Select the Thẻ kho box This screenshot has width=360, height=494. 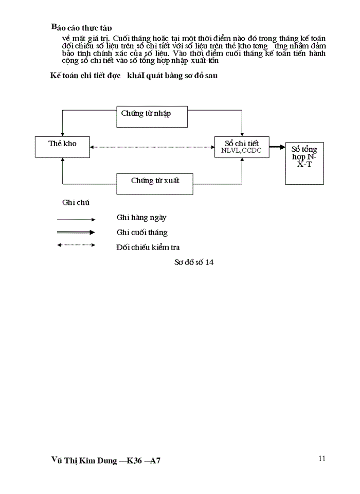(62, 147)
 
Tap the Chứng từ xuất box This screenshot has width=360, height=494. (155, 184)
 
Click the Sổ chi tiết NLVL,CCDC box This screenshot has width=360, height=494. (242, 147)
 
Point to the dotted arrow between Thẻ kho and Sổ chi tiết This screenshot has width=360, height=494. (152, 147)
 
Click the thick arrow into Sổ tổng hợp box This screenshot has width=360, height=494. (277, 147)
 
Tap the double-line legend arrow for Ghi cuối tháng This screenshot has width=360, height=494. (76, 232)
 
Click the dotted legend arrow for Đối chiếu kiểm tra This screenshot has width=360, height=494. (76, 245)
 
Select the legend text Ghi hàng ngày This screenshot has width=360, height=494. (141, 218)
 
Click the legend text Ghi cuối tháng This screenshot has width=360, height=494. (142, 233)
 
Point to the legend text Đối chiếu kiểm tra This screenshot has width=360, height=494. (148, 248)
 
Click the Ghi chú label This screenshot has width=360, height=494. (76, 202)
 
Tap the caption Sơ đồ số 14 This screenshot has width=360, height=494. (194, 262)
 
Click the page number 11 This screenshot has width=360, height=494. (322, 458)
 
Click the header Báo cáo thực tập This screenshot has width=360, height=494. (81, 27)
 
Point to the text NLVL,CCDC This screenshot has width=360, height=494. (242, 151)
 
